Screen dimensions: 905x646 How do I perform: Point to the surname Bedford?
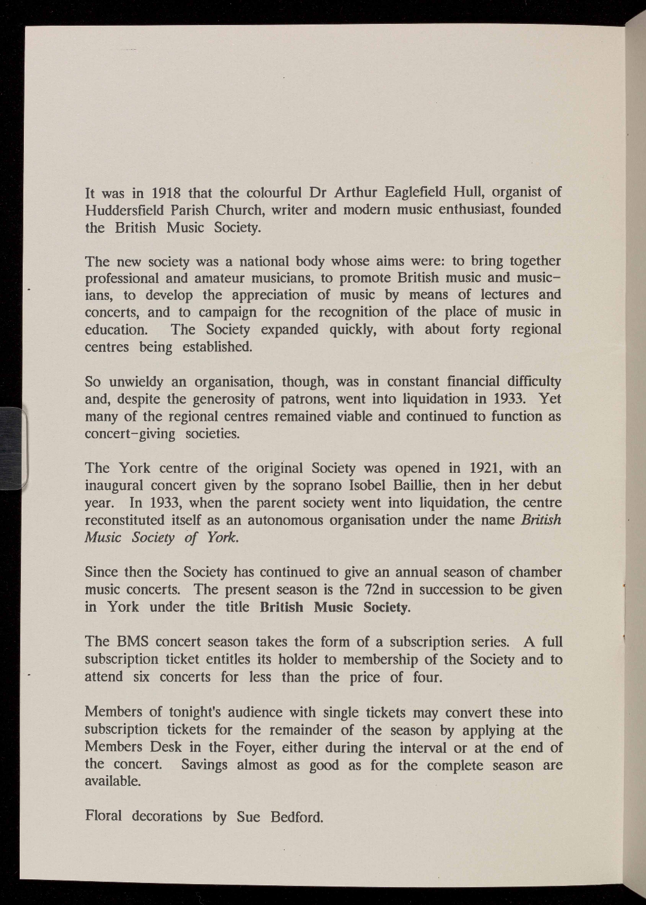click(x=297, y=817)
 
